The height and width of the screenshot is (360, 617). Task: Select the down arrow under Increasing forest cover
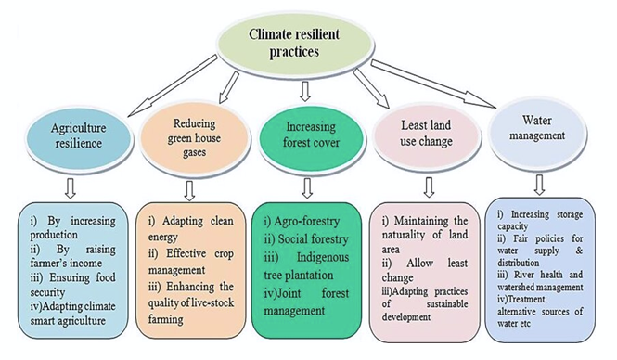tap(306, 190)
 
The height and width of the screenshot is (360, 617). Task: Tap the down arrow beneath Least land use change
tap(428, 190)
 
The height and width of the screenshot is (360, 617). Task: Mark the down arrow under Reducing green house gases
tap(190, 190)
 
